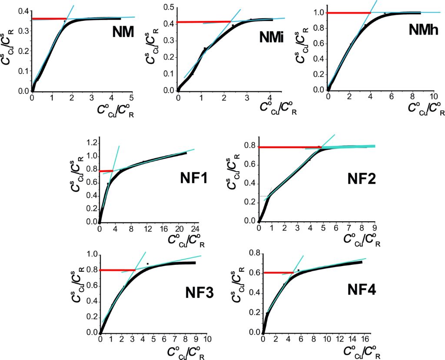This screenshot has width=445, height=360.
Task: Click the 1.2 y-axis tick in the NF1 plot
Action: (x=90, y=143)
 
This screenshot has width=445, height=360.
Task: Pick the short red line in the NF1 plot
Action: (x=106, y=171)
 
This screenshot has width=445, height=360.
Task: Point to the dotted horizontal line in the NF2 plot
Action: (x=264, y=196)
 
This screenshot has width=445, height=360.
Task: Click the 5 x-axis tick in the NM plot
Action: (x=133, y=97)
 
